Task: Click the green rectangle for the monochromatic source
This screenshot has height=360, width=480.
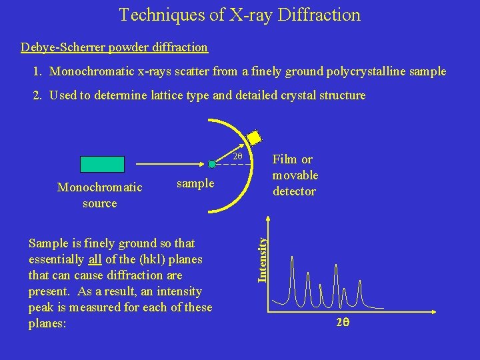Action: coord(102,164)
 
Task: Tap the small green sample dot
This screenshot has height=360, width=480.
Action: coord(211,163)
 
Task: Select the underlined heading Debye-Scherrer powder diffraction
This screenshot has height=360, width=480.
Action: coord(114,47)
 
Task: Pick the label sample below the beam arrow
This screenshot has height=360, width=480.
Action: coord(195,183)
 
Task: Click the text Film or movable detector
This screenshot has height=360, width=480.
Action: coord(295,175)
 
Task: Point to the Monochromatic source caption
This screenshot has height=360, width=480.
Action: coord(100,195)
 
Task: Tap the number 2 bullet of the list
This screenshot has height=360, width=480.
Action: coord(36,95)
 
